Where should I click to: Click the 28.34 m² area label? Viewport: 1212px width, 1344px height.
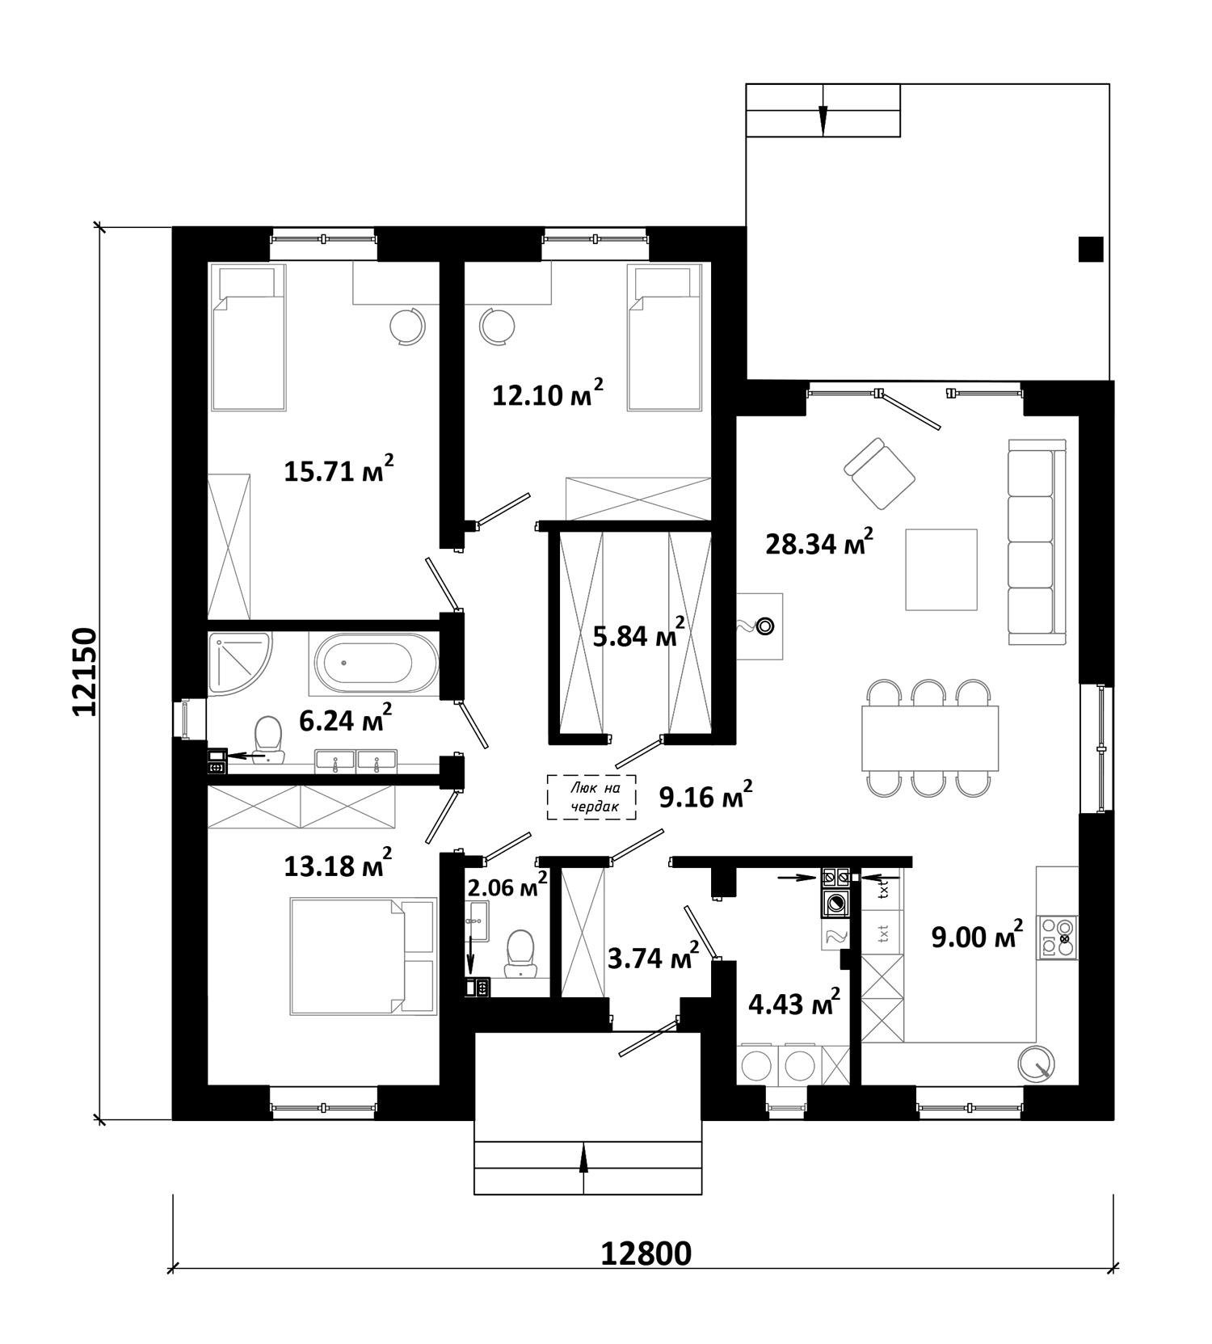click(819, 542)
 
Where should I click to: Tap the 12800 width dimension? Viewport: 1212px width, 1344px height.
click(646, 1253)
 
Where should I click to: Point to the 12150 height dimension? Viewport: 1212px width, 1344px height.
click(84, 672)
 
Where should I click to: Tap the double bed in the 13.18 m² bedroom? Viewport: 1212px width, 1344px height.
click(361, 955)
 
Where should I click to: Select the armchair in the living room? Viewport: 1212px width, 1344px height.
click(879, 474)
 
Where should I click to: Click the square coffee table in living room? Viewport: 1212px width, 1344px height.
click(941, 569)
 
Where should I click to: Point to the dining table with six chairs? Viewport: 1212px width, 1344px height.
click(930, 738)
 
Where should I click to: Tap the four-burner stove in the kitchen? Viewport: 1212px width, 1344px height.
click(1058, 937)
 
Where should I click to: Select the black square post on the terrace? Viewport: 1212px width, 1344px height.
click(1091, 249)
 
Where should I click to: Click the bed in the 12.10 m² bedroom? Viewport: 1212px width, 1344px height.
click(664, 339)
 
